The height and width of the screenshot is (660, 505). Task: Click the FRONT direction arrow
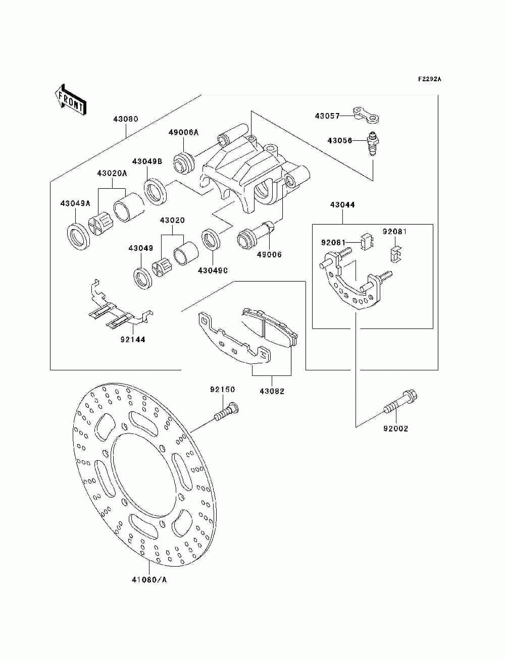(x=71, y=99)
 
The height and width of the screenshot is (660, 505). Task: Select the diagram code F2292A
(x=429, y=79)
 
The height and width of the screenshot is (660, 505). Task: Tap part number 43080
(x=126, y=119)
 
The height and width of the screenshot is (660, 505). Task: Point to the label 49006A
(x=184, y=132)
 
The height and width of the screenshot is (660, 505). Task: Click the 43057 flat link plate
(x=366, y=115)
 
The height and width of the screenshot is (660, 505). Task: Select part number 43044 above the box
(x=342, y=205)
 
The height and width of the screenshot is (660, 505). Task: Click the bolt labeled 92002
(x=401, y=402)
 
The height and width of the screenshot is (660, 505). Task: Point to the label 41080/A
(x=149, y=580)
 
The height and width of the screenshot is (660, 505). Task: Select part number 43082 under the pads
(x=272, y=391)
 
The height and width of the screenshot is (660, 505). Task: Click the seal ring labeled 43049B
(x=156, y=192)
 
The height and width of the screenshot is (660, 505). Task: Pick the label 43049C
(x=213, y=270)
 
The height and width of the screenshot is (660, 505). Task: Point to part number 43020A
(x=112, y=173)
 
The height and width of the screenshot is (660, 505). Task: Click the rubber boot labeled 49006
(x=256, y=235)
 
